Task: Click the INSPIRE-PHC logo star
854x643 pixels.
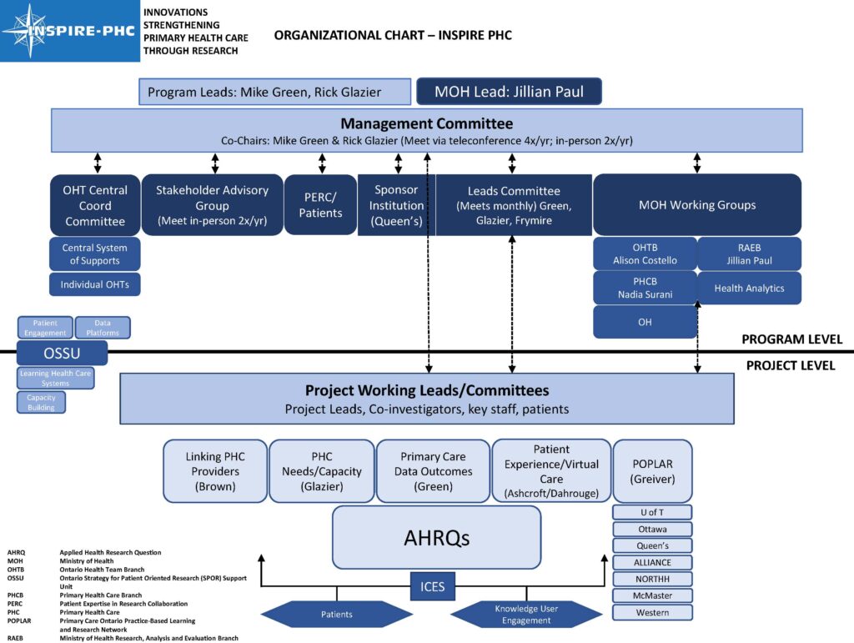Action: [x=29, y=31]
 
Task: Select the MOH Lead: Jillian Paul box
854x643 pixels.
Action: [x=509, y=92]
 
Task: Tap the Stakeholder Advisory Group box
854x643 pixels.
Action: [x=212, y=204]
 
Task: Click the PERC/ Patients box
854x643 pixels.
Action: [x=320, y=204]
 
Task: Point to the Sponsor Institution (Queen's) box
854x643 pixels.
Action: [x=396, y=204]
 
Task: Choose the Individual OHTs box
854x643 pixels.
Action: [x=95, y=284]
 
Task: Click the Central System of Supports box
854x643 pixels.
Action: [x=95, y=254]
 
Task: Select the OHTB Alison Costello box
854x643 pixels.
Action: [x=645, y=254]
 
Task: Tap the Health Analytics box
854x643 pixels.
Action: [x=750, y=288]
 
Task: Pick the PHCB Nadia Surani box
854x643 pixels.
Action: [x=645, y=288]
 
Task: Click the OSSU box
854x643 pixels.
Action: [x=62, y=354]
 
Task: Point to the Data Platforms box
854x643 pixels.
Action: [x=103, y=328]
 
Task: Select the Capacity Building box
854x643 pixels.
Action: [x=42, y=402]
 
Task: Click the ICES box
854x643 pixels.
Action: [x=433, y=586]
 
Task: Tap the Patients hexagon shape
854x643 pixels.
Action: [x=337, y=614]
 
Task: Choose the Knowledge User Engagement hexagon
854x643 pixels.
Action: [x=526, y=614]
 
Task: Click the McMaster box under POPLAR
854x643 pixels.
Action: [x=652, y=595]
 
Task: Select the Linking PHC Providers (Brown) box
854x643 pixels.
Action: [x=215, y=471]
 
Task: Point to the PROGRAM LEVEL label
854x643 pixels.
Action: [x=792, y=339]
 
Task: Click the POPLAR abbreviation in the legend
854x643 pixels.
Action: [x=19, y=620]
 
